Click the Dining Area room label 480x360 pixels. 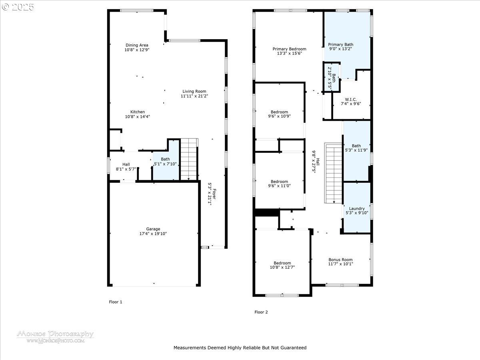coord(137,45)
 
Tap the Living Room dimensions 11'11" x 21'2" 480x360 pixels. coord(194,96)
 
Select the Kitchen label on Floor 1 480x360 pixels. coord(137,112)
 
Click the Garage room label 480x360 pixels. coord(153,229)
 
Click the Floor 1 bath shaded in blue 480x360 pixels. coord(165,162)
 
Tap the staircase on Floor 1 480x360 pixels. coord(189,159)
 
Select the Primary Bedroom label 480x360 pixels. coord(289,49)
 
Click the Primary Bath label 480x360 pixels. coord(340,45)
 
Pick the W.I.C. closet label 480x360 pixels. coord(350,99)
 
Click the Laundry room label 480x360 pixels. coord(356,208)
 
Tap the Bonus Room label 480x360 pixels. coord(340,259)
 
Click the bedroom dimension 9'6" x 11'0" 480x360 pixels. coord(279,186)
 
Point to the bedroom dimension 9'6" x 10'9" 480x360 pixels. coord(279,116)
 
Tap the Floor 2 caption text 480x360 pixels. coord(261,312)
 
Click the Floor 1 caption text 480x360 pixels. coord(116,302)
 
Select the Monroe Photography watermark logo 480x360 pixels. coord(55,336)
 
